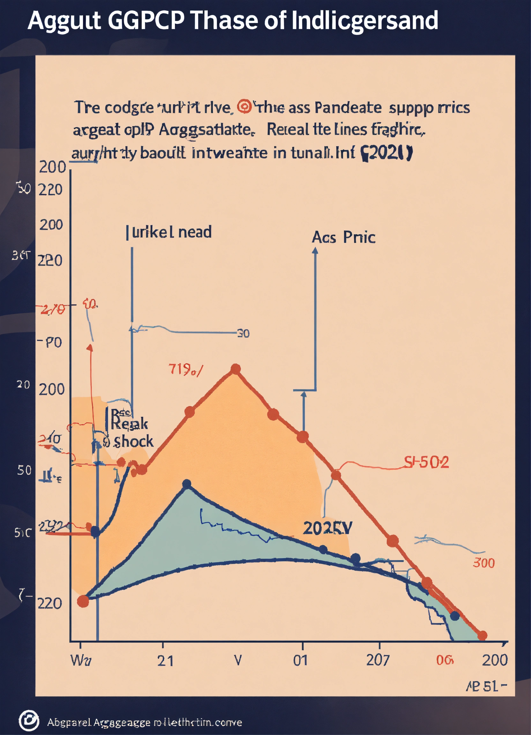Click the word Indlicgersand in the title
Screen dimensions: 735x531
pos(364,20)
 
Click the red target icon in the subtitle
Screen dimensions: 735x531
pos(244,107)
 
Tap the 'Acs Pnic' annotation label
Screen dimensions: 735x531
pos(343,238)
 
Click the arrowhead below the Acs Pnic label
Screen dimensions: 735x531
pos(315,250)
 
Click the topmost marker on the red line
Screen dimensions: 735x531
pos(236,369)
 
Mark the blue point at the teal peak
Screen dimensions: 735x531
pos(187,484)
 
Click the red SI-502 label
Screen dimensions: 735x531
pos(426,462)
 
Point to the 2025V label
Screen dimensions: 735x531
pos(327,528)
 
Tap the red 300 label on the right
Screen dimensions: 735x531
pos(484,563)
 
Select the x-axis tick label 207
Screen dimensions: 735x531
pos(378,660)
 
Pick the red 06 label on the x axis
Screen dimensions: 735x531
pos(445,660)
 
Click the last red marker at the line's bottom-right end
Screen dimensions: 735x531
pos(482,635)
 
